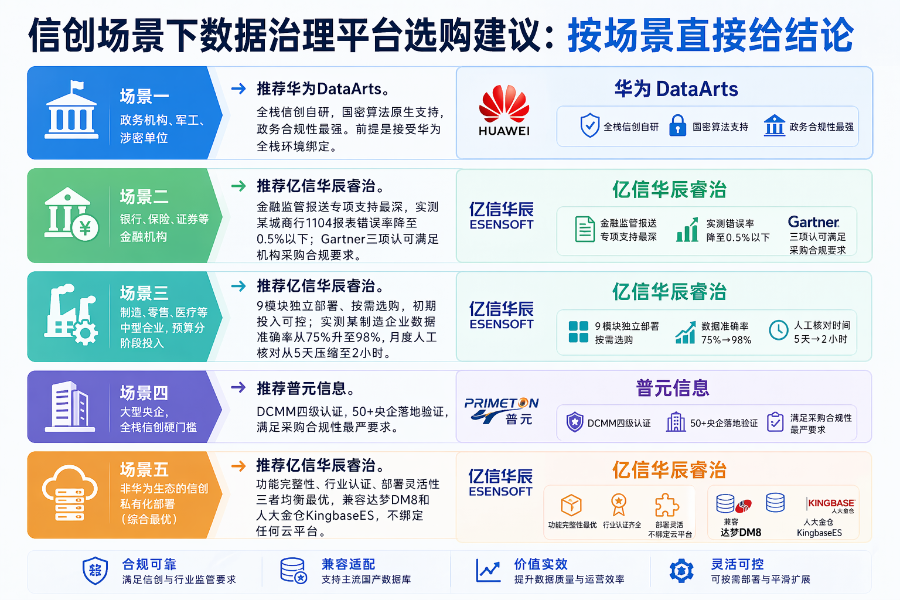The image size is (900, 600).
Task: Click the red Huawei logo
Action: (504, 103)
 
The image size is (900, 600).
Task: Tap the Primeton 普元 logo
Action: (501, 411)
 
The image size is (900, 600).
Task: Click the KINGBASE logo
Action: (830, 505)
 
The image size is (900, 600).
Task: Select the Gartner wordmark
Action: (813, 222)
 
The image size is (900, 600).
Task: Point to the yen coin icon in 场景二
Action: (85, 228)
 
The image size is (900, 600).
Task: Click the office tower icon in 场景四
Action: (70, 406)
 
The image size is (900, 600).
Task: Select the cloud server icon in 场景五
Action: (70, 493)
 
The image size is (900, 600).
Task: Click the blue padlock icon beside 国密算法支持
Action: (677, 125)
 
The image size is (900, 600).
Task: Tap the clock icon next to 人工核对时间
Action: (778, 330)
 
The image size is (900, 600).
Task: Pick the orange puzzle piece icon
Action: (667, 504)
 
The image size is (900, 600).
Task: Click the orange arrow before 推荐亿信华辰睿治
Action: (238, 466)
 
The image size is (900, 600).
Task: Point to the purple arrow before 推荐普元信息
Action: (238, 388)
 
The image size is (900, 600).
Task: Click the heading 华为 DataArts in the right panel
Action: (676, 89)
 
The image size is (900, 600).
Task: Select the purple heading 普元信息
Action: (673, 388)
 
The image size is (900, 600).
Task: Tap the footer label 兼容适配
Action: (349, 564)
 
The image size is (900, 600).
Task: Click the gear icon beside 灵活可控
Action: (681, 571)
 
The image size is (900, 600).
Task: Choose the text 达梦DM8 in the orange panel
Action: (741, 533)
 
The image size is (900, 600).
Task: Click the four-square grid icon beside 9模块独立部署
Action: (578, 332)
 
